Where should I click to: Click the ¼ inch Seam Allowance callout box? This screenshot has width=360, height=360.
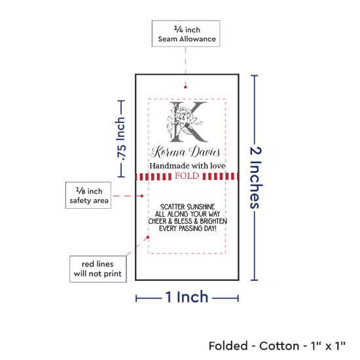(x=186, y=34)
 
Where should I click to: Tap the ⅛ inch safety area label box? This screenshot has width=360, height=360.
(x=88, y=196)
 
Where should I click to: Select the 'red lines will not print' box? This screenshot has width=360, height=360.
(x=98, y=269)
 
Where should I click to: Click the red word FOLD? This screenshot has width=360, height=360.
(x=187, y=176)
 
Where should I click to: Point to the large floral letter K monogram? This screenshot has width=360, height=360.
(x=187, y=122)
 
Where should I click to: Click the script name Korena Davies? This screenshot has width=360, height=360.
(x=185, y=152)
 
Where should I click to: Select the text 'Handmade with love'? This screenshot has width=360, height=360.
(x=187, y=166)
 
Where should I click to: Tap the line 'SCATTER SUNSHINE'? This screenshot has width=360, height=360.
(x=188, y=207)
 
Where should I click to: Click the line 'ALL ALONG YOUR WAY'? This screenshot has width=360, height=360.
(x=187, y=214)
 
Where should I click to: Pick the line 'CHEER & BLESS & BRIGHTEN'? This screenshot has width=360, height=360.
(x=188, y=221)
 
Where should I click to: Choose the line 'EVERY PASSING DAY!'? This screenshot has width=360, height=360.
(x=188, y=228)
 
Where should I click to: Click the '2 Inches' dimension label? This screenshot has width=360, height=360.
(x=255, y=177)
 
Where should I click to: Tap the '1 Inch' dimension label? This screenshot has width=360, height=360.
(x=187, y=297)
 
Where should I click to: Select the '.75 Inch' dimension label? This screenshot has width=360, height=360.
(x=120, y=139)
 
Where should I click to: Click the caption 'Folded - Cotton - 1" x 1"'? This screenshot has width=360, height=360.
(x=277, y=346)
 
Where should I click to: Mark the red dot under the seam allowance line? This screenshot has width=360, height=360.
(x=185, y=87)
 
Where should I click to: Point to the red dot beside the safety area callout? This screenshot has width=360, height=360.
(x=142, y=196)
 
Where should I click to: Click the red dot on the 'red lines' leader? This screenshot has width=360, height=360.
(x=148, y=237)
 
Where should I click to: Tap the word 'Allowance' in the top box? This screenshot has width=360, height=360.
(x=198, y=39)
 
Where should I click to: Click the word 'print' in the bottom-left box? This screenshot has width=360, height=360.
(x=113, y=274)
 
